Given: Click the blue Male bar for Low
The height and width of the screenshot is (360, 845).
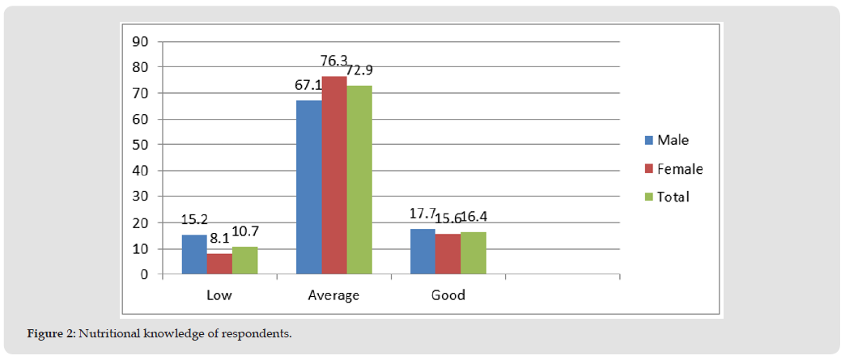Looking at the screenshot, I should click(193, 255).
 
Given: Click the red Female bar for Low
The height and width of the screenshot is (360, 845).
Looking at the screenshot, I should click(219, 264).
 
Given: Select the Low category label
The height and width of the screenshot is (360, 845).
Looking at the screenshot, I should click(219, 295).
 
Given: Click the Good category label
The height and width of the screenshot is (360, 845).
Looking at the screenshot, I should click(448, 295).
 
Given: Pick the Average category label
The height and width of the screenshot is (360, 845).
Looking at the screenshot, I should click(333, 295).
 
